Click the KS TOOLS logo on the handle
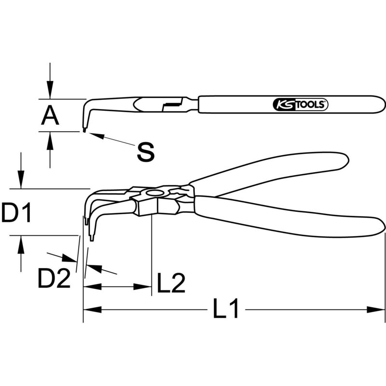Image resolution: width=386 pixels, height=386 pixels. [x=301, y=105]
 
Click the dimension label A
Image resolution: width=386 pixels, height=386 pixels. [x=50, y=116]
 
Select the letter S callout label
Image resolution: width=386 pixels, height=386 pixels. [x=146, y=152]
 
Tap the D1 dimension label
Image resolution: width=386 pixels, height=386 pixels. [x=16, y=212]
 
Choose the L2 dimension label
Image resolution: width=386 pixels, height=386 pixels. [x=171, y=283]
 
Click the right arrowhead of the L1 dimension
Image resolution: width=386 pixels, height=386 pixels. [x=376, y=310]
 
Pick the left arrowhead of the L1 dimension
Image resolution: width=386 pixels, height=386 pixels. [x=93, y=310]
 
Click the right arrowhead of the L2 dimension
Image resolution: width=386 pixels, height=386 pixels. [x=142, y=287]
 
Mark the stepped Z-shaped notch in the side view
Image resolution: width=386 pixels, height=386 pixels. [x=172, y=104]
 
